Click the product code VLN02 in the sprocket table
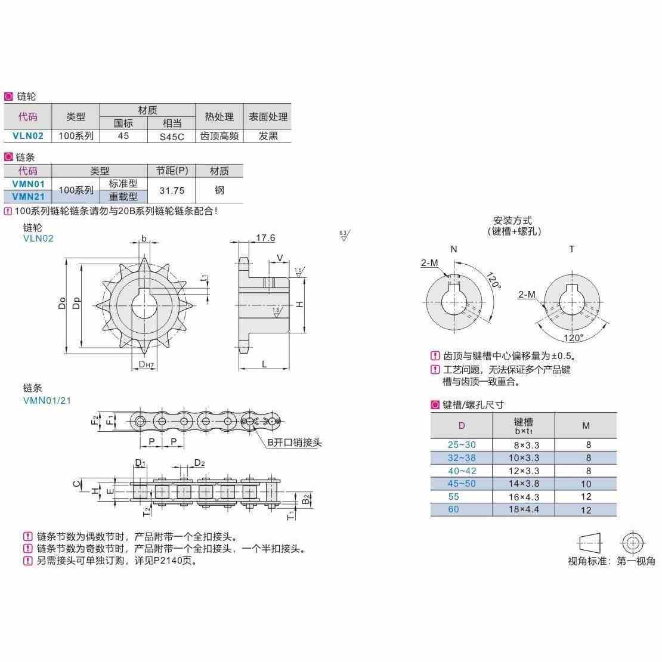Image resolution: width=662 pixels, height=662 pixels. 27,136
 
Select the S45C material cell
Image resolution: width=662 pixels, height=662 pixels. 172,136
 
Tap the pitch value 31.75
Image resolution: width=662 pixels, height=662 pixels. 172,190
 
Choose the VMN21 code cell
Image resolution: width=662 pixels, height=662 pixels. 27,196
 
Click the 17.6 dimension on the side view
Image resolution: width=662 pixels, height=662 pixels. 265,238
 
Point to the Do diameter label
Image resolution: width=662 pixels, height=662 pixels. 62,304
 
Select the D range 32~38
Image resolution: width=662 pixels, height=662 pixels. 462,458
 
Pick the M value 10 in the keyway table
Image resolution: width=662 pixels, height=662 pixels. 586,484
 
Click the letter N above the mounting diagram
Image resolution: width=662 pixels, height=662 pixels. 454,249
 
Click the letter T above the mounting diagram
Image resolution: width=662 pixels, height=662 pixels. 571,249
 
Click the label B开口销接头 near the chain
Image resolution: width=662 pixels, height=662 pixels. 294,443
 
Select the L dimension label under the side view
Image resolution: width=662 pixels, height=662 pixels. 264,364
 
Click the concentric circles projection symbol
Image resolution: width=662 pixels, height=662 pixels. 632,543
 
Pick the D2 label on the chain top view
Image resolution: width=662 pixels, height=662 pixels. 199,463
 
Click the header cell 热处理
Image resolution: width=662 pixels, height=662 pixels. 219,117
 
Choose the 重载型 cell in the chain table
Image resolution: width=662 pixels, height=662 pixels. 123,196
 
